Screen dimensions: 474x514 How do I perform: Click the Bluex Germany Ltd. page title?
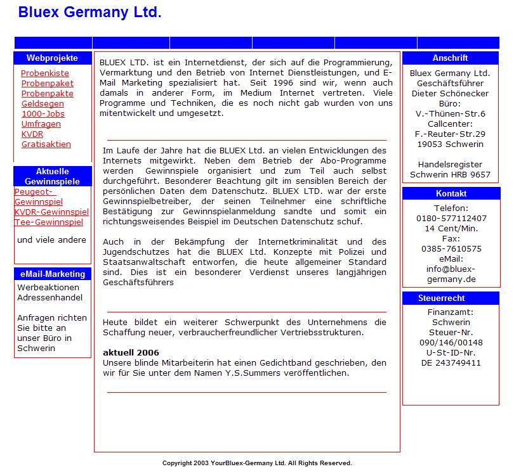[x=89, y=11]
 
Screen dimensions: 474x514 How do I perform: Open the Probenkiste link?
[x=45, y=74]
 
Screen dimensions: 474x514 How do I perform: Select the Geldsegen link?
[x=43, y=104]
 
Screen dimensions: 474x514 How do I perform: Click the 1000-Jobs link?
[x=43, y=114]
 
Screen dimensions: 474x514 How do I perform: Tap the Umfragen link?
[x=41, y=124]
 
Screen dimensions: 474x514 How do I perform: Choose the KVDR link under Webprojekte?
[x=32, y=134]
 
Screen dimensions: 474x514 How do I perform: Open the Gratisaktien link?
[x=46, y=144]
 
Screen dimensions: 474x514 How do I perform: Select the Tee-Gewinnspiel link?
[x=49, y=222]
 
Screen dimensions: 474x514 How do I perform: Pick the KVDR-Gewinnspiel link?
[x=51, y=212]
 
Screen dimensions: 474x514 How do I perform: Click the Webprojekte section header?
[x=52, y=58]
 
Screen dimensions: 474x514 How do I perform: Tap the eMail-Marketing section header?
[x=52, y=274]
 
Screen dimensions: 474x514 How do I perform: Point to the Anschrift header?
[x=450, y=58]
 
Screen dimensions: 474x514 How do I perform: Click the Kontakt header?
[x=451, y=194]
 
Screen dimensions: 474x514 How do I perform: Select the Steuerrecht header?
[x=450, y=298]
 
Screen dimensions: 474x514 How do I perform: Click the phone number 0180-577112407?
[x=451, y=218]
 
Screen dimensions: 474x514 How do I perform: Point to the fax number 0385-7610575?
[x=451, y=249]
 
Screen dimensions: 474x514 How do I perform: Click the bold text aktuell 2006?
[x=131, y=352]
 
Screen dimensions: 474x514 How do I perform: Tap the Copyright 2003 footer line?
[x=257, y=463]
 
